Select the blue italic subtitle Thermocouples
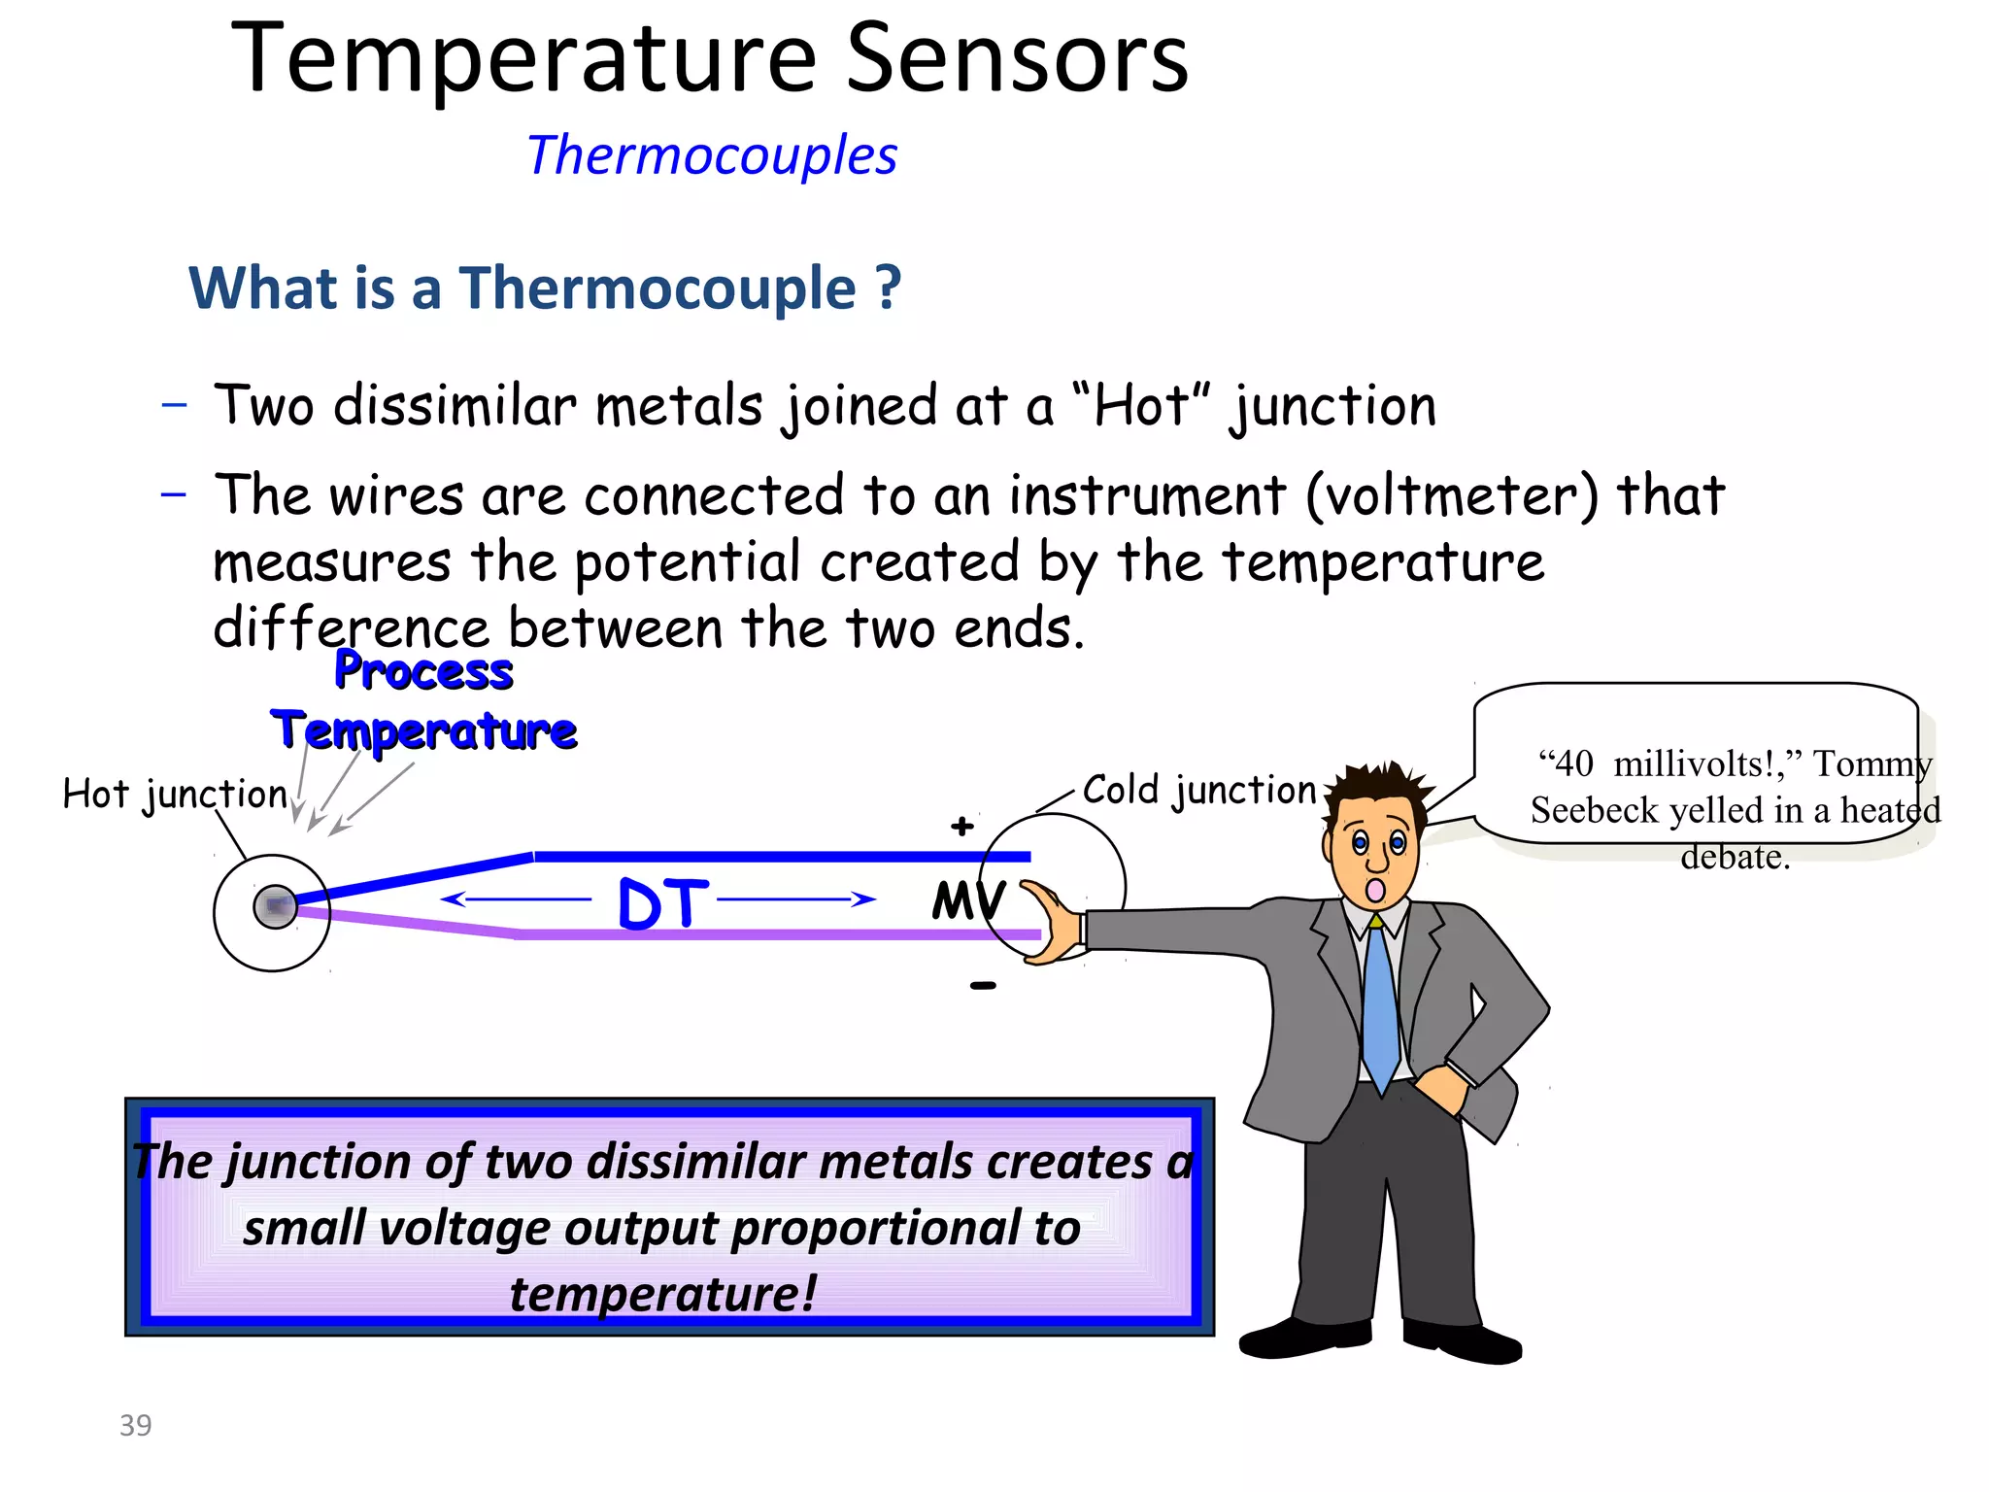tap(712, 155)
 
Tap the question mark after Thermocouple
tap(888, 288)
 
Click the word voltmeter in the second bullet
tap(1451, 496)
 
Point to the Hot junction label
tap(175, 795)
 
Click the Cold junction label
tap(1199, 790)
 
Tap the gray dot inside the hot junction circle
tap(275, 906)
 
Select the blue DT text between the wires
tap(662, 903)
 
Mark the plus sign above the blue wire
tap(961, 827)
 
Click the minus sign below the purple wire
tap(983, 986)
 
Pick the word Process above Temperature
tap(423, 671)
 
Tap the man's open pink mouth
tap(1375, 890)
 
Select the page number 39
tap(135, 1425)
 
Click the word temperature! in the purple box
tap(663, 1293)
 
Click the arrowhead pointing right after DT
tap(862, 899)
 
